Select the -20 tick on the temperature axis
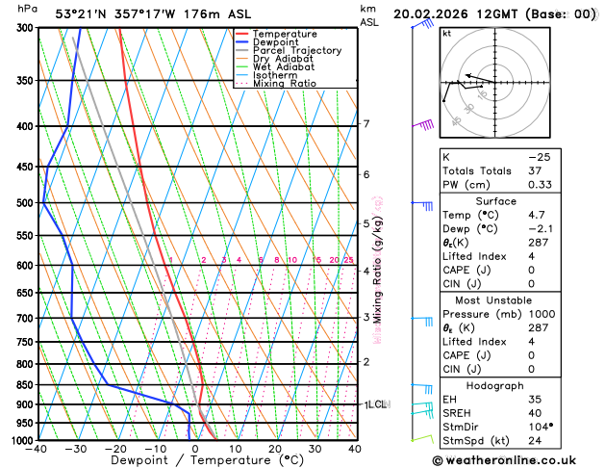click(x=115, y=449)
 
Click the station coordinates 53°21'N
click(x=79, y=13)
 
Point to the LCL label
click(x=376, y=404)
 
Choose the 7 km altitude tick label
click(x=366, y=124)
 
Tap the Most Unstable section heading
click(x=517, y=300)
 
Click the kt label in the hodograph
click(x=447, y=33)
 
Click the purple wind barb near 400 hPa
click(x=424, y=124)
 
